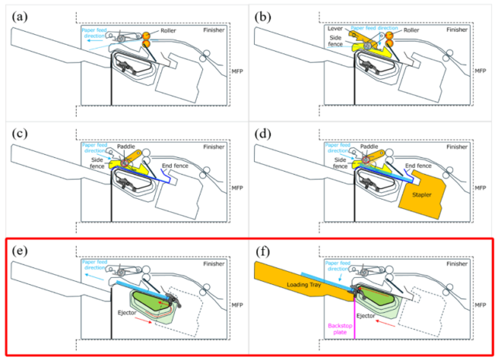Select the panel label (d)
pos(265,131)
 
